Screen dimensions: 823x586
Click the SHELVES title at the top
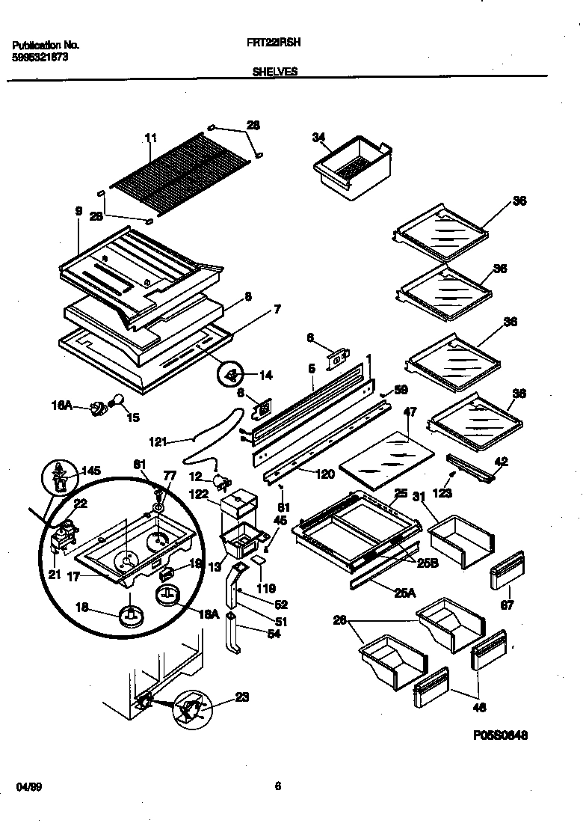pyautogui.click(x=275, y=72)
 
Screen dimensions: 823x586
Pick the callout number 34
pyautogui.click(x=318, y=137)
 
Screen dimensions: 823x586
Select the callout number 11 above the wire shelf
pyautogui.click(x=151, y=138)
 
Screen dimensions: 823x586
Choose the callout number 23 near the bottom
pyautogui.click(x=241, y=697)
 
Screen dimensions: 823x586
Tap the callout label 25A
pyautogui.click(x=406, y=593)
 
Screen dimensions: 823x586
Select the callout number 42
pyautogui.click(x=501, y=462)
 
